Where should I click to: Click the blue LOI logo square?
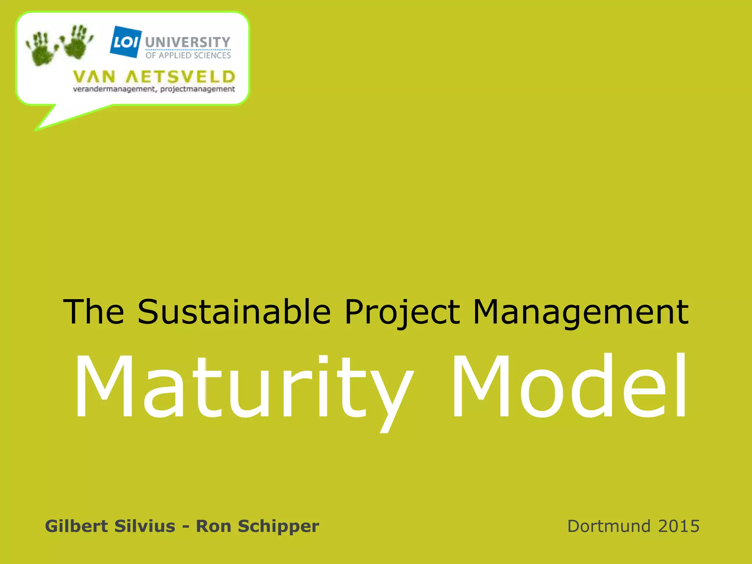(x=126, y=42)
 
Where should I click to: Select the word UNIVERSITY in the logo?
(x=188, y=42)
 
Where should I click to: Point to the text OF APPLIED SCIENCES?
(x=188, y=55)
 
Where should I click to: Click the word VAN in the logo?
(x=94, y=77)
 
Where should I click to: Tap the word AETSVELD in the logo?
(x=180, y=77)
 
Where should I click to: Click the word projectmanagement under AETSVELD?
(x=198, y=89)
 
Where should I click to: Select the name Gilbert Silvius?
(x=110, y=526)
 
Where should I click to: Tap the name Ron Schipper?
(x=257, y=526)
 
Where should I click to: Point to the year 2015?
(x=679, y=526)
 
